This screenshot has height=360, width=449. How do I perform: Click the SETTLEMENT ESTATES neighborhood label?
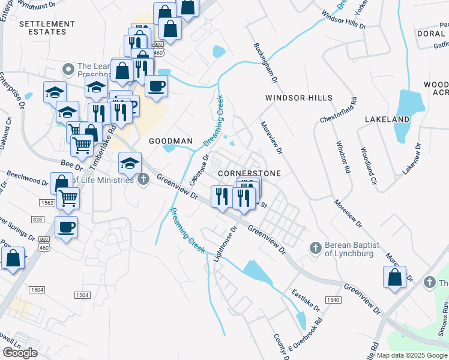[47, 28]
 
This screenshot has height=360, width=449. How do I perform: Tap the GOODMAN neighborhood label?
[170, 141]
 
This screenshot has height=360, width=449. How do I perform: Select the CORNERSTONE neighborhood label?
[249, 173]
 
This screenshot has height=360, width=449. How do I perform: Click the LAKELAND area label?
[387, 119]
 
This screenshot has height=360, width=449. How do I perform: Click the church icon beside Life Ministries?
[143, 179]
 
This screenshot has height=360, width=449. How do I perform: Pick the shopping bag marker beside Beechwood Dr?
[62, 184]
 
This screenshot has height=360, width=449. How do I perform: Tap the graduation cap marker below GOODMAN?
[130, 163]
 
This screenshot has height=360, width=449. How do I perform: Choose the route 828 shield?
[38, 220]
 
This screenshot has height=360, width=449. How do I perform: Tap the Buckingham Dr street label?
[265, 63]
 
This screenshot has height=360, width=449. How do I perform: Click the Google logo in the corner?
[20, 352]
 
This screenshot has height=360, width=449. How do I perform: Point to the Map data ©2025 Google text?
[412, 355]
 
